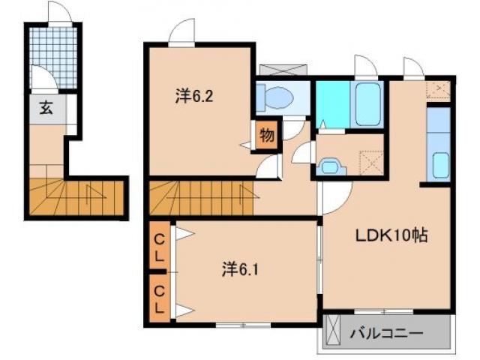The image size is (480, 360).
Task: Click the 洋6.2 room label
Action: (194, 96)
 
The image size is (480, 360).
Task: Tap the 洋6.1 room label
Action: (240, 270)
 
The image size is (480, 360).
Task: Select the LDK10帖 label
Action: (391, 235)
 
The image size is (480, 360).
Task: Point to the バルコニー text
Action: (386, 333)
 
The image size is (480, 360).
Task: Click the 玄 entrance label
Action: (46, 108)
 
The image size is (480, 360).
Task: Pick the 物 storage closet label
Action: (267, 135)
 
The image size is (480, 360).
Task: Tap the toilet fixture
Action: (275, 97)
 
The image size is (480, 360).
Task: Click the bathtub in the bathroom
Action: (367, 104)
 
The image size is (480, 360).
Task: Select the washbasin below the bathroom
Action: (331, 166)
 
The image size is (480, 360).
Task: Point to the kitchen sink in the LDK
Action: (440, 166)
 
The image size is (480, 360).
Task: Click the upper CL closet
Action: (159, 247)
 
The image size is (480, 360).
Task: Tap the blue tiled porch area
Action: (53, 58)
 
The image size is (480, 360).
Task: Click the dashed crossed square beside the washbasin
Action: (372, 163)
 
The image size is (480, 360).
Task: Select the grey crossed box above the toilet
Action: (283, 70)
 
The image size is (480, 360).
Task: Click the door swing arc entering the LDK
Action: (346, 205)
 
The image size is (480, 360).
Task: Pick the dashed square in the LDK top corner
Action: (439, 90)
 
